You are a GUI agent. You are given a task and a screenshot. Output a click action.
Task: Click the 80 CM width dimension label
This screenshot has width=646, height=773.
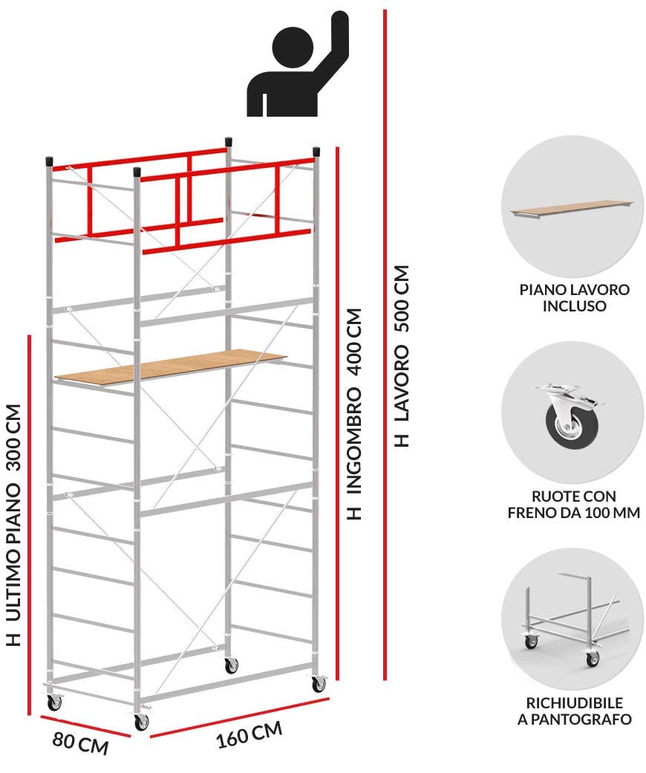(80, 743)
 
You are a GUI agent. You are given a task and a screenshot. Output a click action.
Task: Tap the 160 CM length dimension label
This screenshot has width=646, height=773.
(249, 734)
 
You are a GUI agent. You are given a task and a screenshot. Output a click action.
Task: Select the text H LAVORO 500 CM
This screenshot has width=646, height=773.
(402, 356)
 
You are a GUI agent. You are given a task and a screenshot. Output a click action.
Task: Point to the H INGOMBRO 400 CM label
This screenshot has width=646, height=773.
(354, 413)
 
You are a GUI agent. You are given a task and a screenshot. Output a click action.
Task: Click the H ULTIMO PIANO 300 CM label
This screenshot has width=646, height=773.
(14, 525)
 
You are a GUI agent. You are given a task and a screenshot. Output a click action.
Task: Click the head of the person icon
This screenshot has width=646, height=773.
(293, 47)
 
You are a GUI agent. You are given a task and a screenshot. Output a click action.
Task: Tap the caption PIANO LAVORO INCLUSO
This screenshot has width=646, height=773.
(574, 298)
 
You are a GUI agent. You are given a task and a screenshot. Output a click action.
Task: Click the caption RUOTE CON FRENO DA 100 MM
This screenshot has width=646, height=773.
(574, 505)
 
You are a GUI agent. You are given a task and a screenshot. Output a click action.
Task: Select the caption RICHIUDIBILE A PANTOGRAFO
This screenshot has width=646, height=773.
(574, 711)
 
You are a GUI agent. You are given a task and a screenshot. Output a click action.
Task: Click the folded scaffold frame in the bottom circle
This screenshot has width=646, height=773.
(571, 621)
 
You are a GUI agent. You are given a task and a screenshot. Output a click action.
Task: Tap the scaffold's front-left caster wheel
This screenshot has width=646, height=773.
(141, 721)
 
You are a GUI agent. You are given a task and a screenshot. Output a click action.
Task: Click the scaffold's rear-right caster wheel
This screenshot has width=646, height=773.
(231, 665)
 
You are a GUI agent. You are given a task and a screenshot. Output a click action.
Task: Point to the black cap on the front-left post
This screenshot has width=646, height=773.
(137, 172)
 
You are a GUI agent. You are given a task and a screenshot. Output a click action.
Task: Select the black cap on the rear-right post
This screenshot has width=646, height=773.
(229, 142)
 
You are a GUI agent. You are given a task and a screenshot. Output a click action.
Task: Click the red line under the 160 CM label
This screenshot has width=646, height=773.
(239, 718)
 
